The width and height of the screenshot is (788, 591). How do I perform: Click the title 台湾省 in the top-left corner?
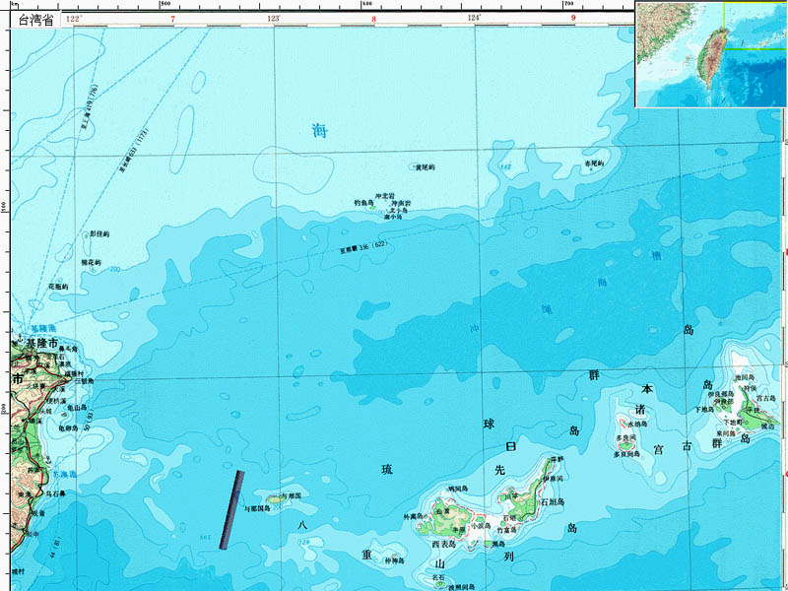(x=31, y=19)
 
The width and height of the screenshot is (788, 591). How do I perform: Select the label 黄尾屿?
(x=425, y=167)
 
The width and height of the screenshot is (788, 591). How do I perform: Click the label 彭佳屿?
(x=99, y=233)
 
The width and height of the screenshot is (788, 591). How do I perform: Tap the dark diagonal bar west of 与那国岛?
(x=231, y=508)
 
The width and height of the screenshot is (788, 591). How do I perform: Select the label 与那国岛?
(x=257, y=508)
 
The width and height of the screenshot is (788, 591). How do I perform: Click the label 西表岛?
(x=446, y=544)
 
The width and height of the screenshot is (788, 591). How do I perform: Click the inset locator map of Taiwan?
(x=710, y=54)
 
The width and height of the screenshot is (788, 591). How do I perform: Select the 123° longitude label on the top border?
(x=274, y=19)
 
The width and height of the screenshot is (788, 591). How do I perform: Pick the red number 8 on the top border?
(x=374, y=19)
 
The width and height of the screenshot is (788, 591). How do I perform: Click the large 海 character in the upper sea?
(x=318, y=130)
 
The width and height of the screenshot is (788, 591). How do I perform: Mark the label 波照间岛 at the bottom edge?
(x=463, y=587)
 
